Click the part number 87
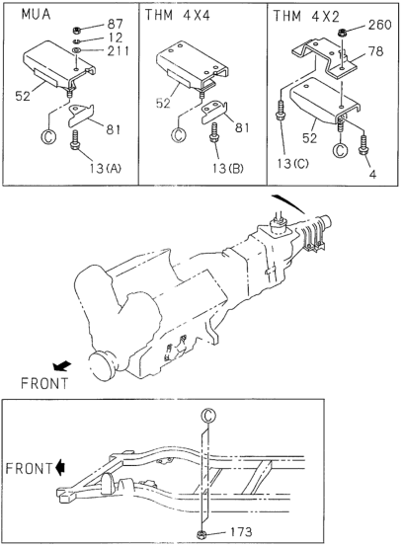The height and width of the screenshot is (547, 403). (x=116, y=24)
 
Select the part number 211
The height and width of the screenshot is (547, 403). (x=118, y=51)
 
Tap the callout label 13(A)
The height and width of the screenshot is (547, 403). (x=105, y=169)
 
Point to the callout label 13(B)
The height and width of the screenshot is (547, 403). (x=227, y=168)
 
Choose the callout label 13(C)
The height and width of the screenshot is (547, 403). (x=292, y=163)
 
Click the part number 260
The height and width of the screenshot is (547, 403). (x=379, y=25)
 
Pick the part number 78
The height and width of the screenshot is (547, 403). (x=375, y=51)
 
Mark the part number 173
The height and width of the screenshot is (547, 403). (x=240, y=531)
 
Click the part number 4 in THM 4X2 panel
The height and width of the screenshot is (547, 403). (x=372, y=174)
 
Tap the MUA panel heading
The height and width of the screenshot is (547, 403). (x=36, y=15)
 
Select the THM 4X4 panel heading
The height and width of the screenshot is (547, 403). (x=178, y=16)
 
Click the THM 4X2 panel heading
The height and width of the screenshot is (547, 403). (x=306, y=16)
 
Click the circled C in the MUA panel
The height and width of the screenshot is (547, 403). (x=48, y=136)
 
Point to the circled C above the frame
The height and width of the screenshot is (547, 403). (x=208, y=416)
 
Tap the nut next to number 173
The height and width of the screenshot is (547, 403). (x=201, y=534)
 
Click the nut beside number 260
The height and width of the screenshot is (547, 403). (x=342, y=34)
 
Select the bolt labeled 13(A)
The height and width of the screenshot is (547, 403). (x=75, y=140)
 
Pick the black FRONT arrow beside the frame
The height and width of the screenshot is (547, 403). (x=60, y=467)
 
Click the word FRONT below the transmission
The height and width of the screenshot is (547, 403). (x=44, y=383)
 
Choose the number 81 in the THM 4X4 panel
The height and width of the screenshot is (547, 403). (x=242, y=127)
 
